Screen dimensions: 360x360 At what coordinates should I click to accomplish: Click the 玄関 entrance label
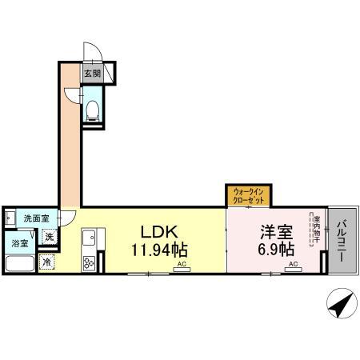[92, 74]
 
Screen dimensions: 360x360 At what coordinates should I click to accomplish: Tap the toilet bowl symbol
[92, 108]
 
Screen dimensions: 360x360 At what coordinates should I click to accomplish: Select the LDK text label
[158, 232]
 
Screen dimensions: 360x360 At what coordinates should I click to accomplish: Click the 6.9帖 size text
[274, 248]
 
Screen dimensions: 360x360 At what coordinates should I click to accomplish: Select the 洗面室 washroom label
[35, 218]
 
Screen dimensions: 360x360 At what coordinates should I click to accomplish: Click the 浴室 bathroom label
[19, 242]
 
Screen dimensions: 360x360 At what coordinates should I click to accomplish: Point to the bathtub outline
[19, 263]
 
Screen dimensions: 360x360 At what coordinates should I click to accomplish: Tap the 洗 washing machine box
[50, 236]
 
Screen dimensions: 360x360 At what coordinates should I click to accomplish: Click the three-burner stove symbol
[89, 262]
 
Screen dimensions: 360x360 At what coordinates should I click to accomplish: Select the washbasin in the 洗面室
[9, 218]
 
